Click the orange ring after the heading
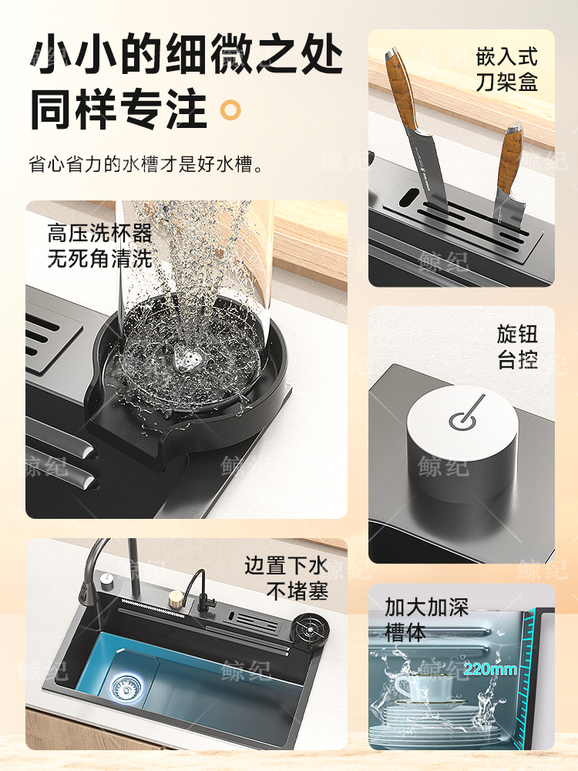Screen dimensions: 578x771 coord(230,110)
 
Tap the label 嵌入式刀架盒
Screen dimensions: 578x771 coord(507,69)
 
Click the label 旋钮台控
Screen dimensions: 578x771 coord(518,347)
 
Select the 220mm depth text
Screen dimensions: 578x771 coord(490,669)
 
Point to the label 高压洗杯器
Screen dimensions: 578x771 coord(99,233)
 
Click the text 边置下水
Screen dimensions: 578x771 coord(286,565)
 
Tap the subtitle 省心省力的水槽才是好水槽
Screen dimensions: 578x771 coord(146,164)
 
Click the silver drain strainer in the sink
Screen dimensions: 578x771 coord(123,686)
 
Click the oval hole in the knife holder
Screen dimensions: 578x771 coord(405,196)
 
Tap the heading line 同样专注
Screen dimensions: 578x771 coord(119,109)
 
